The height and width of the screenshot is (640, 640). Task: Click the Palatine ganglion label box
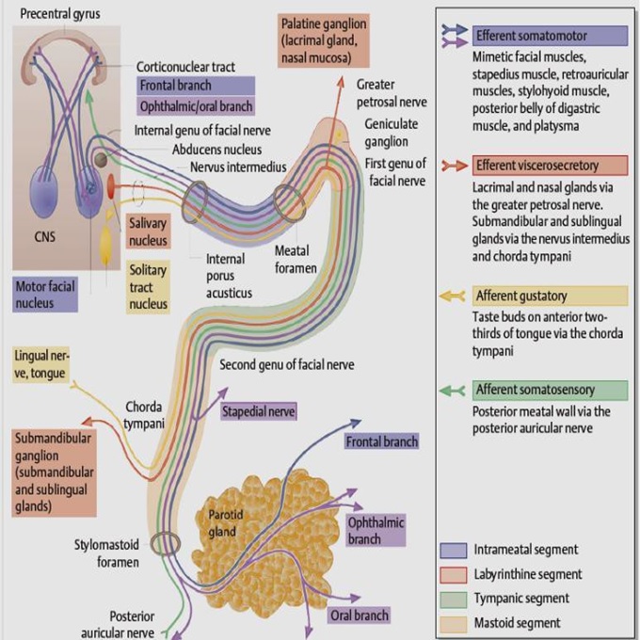click(x=324, y=40)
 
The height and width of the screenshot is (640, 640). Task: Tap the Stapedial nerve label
click(x=259, y=411)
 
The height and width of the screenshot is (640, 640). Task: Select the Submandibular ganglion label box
click(x=55, y=472)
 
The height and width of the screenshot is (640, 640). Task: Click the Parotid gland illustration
click(x=269, y=543)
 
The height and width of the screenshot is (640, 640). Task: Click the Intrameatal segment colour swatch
click(x=454, y=551)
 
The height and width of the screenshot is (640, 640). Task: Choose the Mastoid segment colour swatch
click(x=454, y=624)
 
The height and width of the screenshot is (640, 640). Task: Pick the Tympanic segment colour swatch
click(x=454, y=600)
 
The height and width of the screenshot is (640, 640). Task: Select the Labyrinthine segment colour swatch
click(x=454, y=575)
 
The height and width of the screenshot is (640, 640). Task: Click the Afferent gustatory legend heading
click(x=550, y=296)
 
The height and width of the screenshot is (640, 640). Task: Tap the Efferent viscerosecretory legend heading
click(x=550, y=166)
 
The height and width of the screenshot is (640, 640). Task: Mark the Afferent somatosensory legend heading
click(x=550, y=391)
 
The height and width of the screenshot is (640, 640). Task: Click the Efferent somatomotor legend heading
click(x=550, y=36)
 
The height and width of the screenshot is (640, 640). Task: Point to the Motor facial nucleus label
click(x=45, y=295)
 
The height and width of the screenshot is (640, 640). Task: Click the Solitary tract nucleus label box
click(x=148, y=287)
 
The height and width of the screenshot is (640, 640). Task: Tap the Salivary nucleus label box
click(x=148, y=232)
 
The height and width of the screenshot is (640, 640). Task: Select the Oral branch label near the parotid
click(x=360, y=616)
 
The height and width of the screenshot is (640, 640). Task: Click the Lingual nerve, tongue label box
click(x=40, y=364)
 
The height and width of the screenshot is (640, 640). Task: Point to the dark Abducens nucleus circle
click(x=101, y=160)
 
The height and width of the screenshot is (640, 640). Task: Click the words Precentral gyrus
click(x=60, y=14)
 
